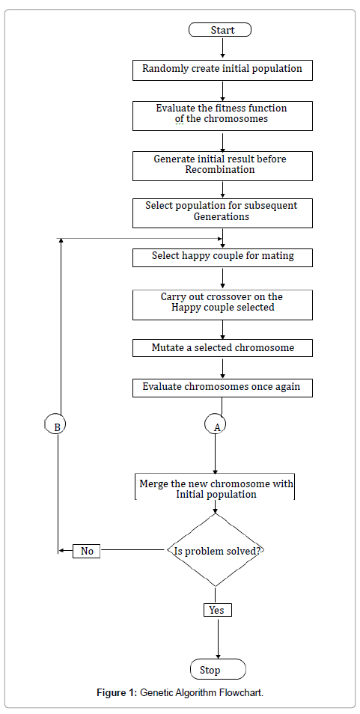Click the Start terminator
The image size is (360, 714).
pos(220,30)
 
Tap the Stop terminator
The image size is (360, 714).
pos(218,670)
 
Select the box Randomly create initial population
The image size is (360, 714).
pos(222,70)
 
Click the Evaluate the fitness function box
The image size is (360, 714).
pos(222,116)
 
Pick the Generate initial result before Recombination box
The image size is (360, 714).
pos(222,165)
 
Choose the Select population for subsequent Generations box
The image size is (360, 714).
pos(222,213)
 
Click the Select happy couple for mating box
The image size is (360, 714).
pos(222,257)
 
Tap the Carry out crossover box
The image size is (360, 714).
pos(222,305)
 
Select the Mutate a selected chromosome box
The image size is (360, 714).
pos(222,348)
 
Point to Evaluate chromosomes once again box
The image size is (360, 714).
pos(222,388)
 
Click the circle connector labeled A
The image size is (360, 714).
pos(216,425)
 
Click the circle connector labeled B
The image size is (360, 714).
pos(56,425)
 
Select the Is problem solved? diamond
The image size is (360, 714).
pos(216,550)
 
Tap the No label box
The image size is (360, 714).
pos(87,551)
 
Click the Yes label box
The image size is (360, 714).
pos(218,610)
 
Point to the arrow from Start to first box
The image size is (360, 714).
pos(222,48)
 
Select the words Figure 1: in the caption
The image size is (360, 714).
pos(117,693)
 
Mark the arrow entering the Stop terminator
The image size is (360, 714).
pos(219,638)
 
